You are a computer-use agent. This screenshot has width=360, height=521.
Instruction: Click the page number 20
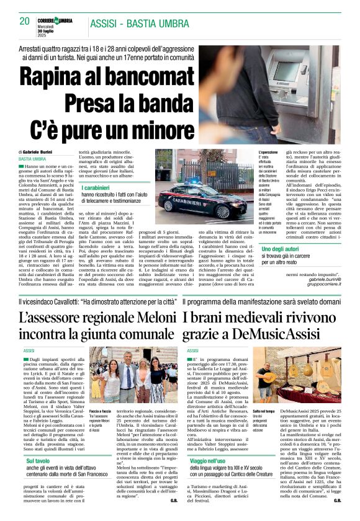tap(25, 21)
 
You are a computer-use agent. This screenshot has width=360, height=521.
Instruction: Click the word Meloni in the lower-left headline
tap(144, 317)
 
